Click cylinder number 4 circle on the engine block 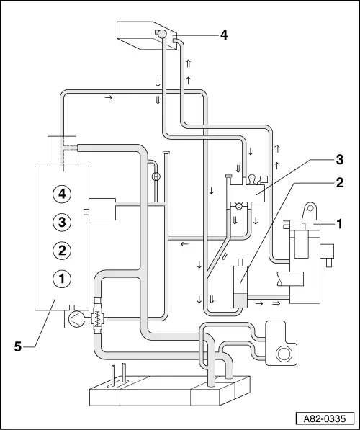pyautogui.click(x=62, y=193)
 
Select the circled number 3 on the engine pyautogui.click(x=62, y=221)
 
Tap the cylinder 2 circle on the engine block pyautogui.click(x=62, y=250)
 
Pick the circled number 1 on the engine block pyautogui.click(x=62, y=278)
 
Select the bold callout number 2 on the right pyautogui.click(x=340, y=183)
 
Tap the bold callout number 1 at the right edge pyautogui.click(x=340, y=224)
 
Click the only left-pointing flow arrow pyautogui.click(x=184, y=244)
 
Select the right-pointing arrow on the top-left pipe pyautogui.click(x=108, y=96)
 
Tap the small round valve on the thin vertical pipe pyautogui.click(x=155, y=176)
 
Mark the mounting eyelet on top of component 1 pyautogui.click(x=310, y=208)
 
